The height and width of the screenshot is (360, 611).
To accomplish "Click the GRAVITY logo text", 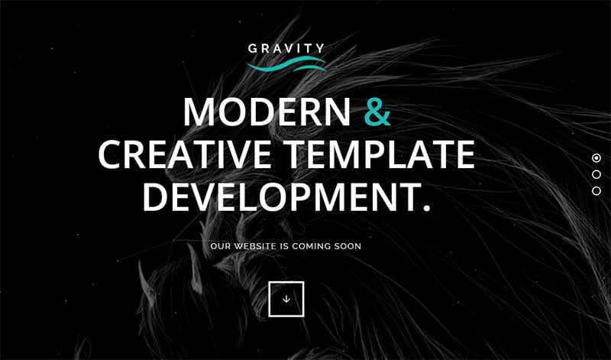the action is (x=286, y=48).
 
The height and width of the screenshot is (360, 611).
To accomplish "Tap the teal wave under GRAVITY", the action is (x=286, y=65).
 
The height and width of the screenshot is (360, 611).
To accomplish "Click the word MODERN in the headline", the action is (x=267, y=112).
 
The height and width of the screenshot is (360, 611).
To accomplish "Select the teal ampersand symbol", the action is (x=377, y=112).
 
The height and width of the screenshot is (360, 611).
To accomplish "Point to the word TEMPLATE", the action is (x=379, y=154).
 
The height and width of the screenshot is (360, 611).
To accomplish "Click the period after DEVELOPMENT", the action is (x=426, y=208).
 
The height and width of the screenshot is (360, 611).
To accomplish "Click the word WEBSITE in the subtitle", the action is (x=254, y=247).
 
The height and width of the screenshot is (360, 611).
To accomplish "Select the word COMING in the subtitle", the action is (x=309, y=247).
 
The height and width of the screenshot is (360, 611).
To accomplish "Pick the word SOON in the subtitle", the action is (x=345, y=247).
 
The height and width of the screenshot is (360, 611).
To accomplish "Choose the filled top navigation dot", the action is (x=596, y=158).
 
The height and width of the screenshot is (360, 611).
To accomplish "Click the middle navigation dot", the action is (x=596, y=174).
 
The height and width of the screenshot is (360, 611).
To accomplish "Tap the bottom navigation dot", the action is (x=596, y=191).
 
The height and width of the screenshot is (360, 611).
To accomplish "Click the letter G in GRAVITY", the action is (x=253, y=49).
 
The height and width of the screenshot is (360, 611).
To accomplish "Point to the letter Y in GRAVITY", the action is (x=319, y=48).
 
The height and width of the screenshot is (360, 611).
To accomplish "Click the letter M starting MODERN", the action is (x=199, y=112).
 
